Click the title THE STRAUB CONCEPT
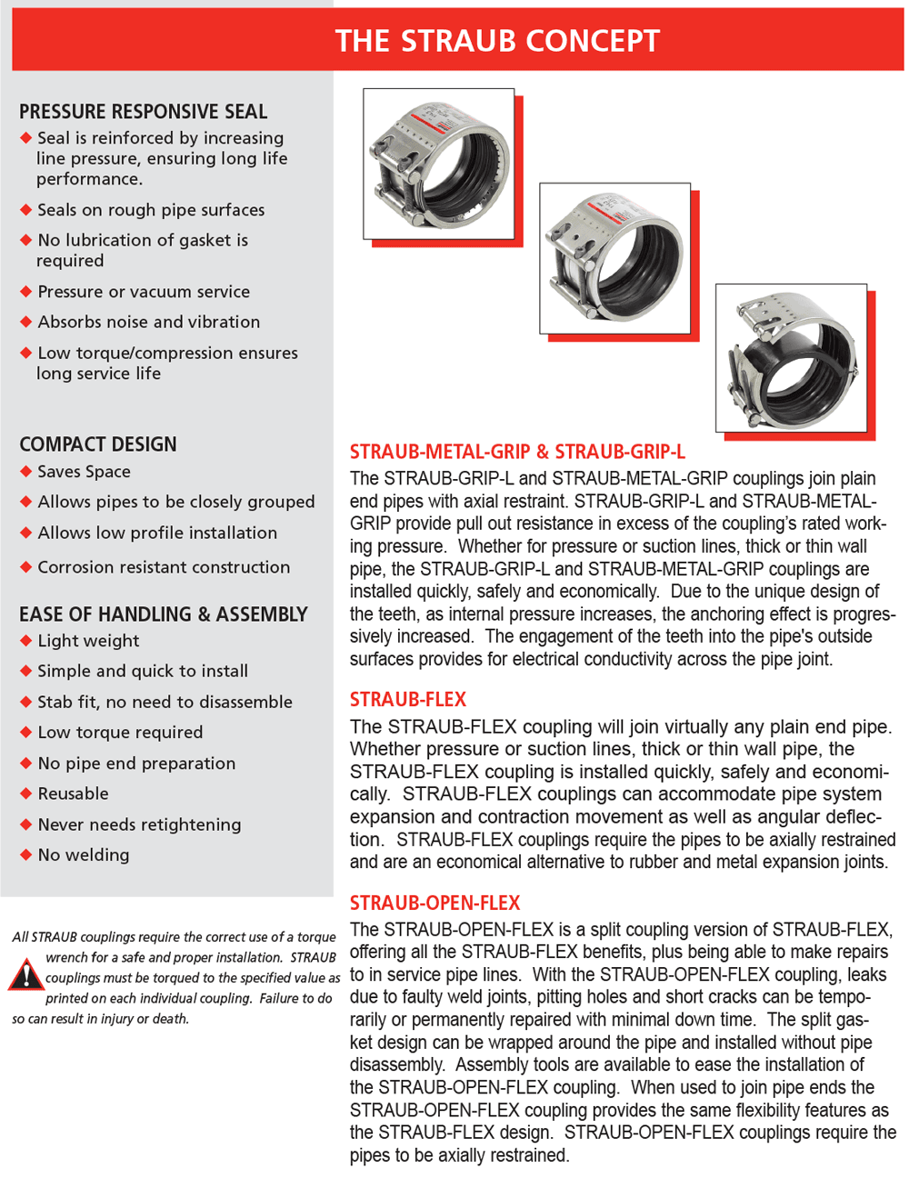click(497, 41)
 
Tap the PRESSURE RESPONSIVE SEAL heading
click(143, 112)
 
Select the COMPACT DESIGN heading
click(98, 444)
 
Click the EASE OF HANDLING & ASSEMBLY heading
click(163, 614)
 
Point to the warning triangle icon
click(25, 973)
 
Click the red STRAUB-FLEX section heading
click(407, 699)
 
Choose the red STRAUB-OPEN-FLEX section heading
click(435, 903)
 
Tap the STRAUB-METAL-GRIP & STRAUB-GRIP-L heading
click(517, 451)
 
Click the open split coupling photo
click(791, 358)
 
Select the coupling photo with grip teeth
click(438, 164)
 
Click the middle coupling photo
click(614, 258)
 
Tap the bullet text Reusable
click(74, 794)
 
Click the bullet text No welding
click(84, 855)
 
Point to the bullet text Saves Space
click(84, 472)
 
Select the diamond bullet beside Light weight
click(25, 641)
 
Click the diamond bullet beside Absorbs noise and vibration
click(25, 322)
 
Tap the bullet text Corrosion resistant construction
click(164, 567)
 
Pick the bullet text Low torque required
click(120, 733)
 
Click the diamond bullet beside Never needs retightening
click(25, 824)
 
